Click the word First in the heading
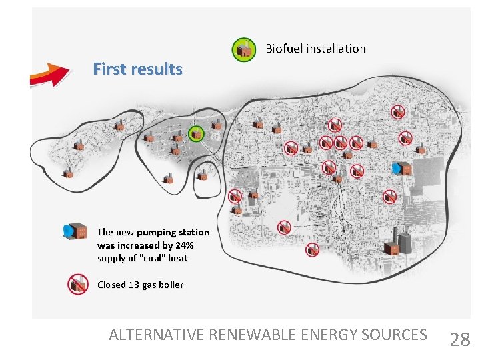(107, 69)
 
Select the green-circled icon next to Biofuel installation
(243, 49)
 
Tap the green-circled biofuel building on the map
(195, 133)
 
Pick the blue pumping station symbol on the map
(402, 169)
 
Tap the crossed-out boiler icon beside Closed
(78, 285)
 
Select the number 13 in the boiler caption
(135, 285)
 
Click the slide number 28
(460, 340)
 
